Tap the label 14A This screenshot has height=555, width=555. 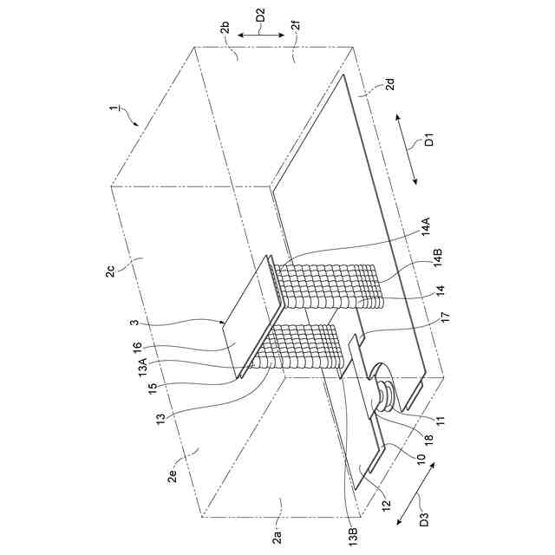pyautogui.click(x=426, y=228)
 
